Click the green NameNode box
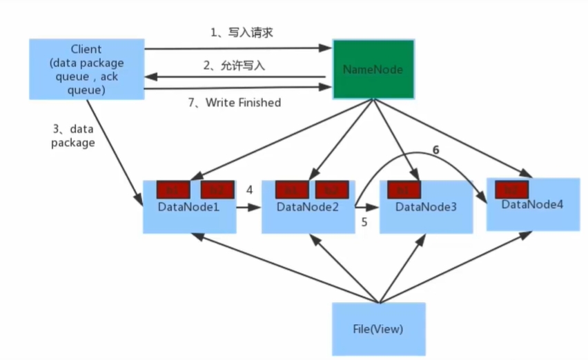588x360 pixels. click(x=373, y=69)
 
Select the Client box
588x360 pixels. click(x=86, y=68)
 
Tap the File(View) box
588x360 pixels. click(x=378, y=329)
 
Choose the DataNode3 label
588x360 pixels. click(x=425, y=207)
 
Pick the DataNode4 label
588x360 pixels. click(x=533, y=205)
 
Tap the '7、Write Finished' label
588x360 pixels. click(x=235, y=103)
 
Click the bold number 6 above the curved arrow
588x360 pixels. click(x=435, y=149)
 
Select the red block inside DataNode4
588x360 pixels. click(x=511, y=189)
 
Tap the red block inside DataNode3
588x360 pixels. click(x=404, y=190)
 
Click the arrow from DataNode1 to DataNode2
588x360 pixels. click(x=249, y=206)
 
